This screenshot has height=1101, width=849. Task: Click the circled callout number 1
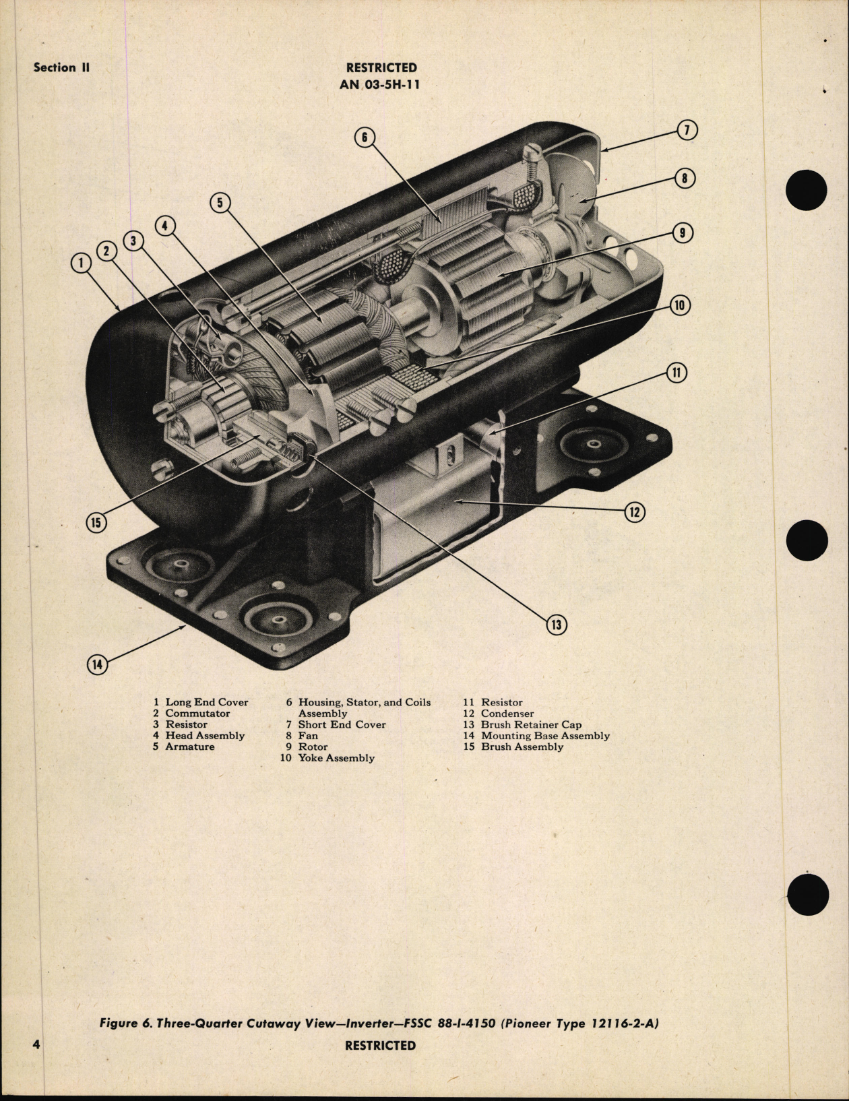tap(81, 263)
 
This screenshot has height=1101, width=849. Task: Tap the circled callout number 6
tap(364, 137)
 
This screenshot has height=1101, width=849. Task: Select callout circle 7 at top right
tap(687, 130)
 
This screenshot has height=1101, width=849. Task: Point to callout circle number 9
tap(683, 233)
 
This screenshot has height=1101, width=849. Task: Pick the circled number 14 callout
tap(98, 664)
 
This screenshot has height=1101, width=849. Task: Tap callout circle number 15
tap(97, 522)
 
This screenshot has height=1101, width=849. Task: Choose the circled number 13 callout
tap(557, 625)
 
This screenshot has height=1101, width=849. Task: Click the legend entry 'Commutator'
tap(197, 714)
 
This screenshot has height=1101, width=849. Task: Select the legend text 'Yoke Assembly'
tap(336, 758)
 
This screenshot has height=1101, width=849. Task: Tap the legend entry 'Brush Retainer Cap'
tap(531, 725)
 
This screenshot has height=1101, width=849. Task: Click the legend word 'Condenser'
tap(507, 714)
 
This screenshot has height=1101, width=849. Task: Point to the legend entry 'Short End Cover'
tap(342, 725)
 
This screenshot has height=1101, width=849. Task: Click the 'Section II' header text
tap(61, 67)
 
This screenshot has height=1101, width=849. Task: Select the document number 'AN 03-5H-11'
tap(381, 85)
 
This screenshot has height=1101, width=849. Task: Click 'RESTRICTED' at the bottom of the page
tap(381, 1045)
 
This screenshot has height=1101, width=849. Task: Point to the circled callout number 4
tap(165, 226)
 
